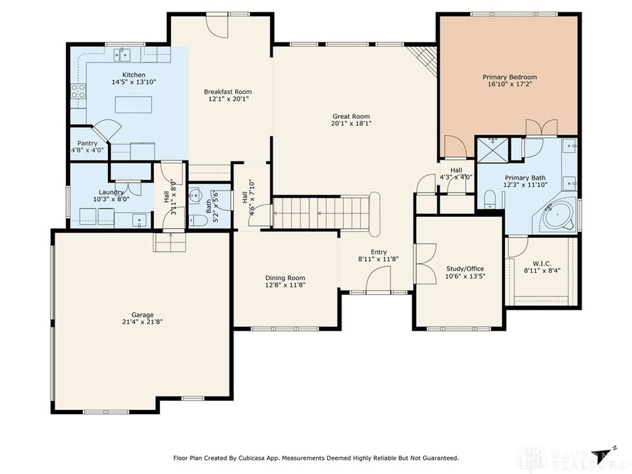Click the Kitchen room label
(134, 75)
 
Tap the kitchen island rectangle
(134, 104)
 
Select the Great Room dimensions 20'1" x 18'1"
(351, 124)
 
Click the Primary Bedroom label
(509, 77)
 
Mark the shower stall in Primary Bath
(493, 150)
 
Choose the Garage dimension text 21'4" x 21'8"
(142, 322)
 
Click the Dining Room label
(285, 278)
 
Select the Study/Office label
(464, 269)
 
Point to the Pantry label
(87, 144)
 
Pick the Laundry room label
(111, 192)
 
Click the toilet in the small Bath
(198, 220)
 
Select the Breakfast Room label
(228, 92)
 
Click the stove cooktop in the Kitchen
(78, 91)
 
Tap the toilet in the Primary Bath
(489, 199)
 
